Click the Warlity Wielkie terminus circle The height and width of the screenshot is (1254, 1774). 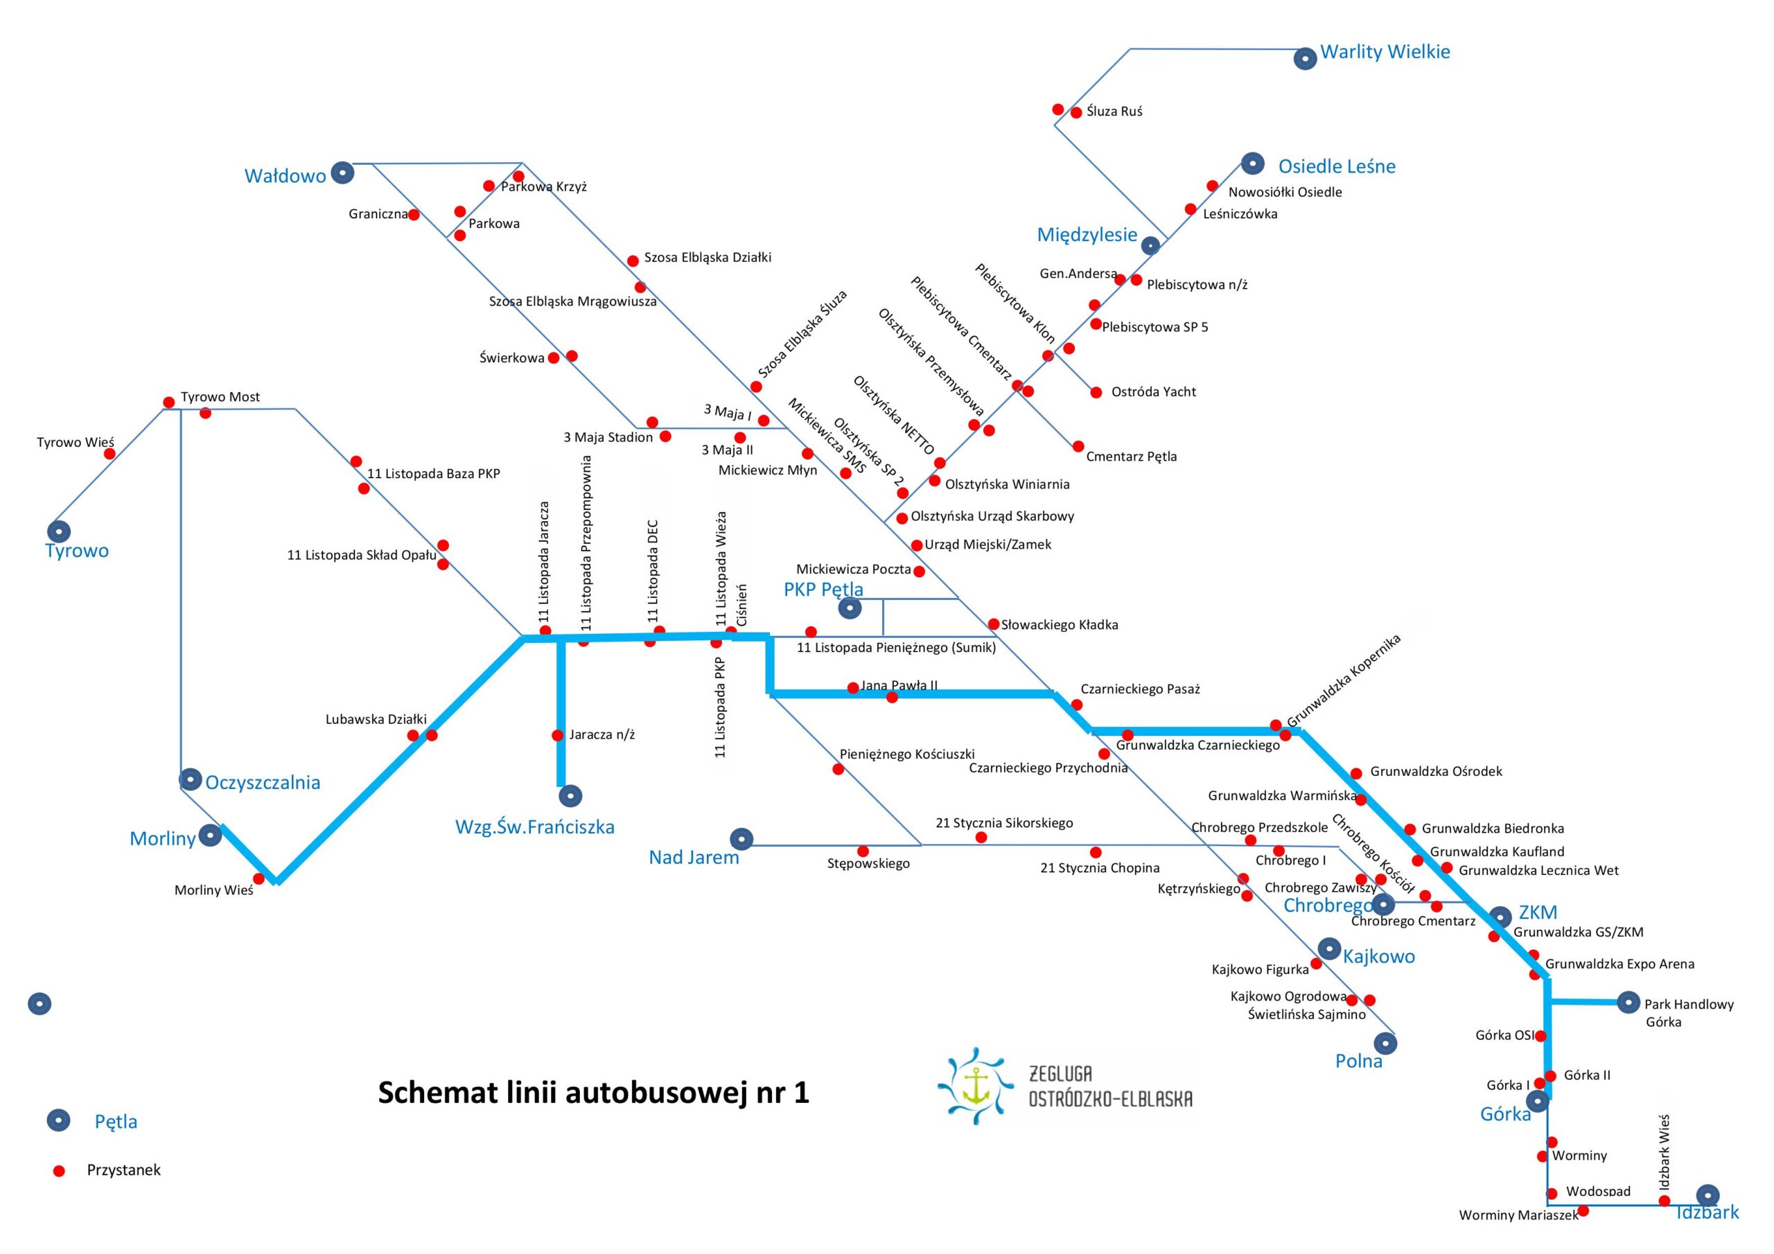coord(1305,59)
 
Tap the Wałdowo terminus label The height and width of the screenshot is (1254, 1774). coord(285,176)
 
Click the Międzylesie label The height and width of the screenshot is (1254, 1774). coord(1087,235)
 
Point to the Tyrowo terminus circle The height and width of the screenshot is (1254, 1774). coord(59,531)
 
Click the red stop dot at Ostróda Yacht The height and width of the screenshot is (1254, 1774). coord(1096,393)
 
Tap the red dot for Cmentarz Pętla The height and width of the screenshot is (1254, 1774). coord(1078,445)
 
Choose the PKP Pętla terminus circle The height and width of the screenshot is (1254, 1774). coord(850,608)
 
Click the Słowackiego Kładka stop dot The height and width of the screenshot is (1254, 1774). coord(994,624)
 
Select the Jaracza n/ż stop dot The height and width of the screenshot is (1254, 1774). coord(557,736)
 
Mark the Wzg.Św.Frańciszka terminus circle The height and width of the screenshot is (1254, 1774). coord(570,795)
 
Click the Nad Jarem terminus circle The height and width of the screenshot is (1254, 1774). coord(741,838)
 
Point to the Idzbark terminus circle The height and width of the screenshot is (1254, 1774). coord(1707,1194)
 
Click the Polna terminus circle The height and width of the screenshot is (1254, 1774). coord(1385,1044)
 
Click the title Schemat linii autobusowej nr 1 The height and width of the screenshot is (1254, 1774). coord(592,1093)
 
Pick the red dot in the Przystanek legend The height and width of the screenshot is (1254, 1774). coord(59,1171)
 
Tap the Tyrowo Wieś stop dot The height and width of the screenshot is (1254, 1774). coord(109,454)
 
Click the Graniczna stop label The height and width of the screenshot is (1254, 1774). coord(377,214)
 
